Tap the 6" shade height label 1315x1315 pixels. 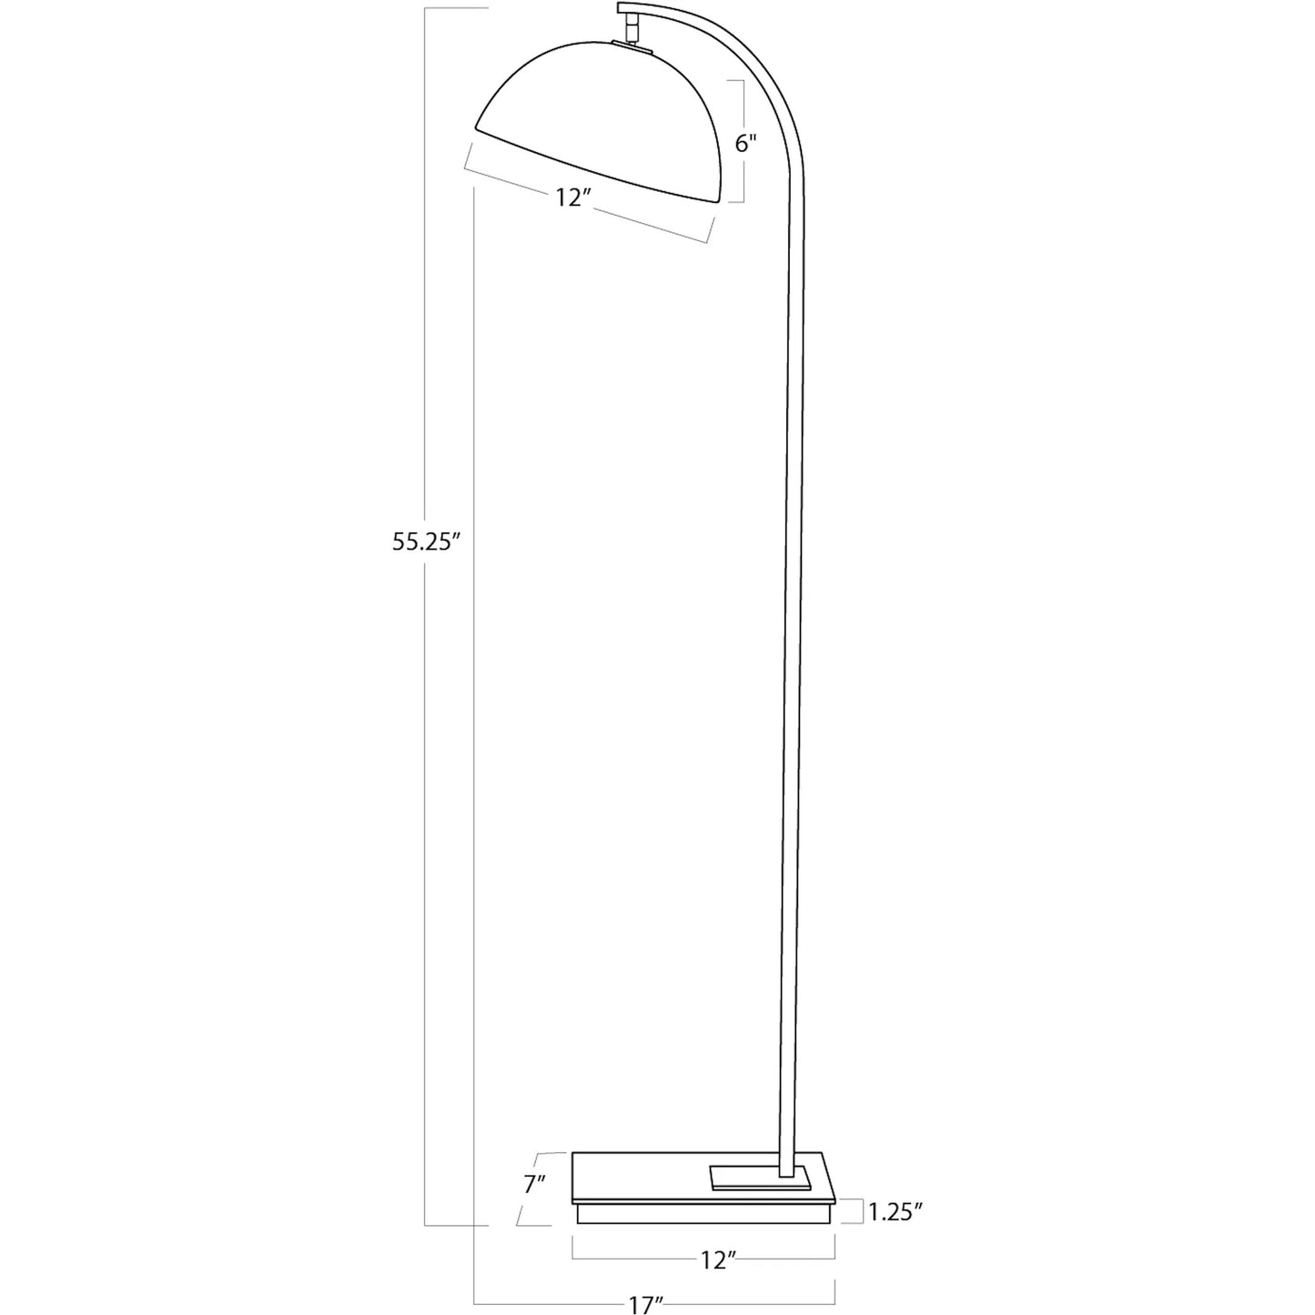click(x=746, y=144)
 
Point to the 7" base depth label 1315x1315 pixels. click(x=534, y=1184)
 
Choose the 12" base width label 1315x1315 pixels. click(x=718, y=1260)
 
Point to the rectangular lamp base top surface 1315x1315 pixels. click(x=655, y=1178)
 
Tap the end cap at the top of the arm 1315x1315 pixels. click(x=626, y=10)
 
